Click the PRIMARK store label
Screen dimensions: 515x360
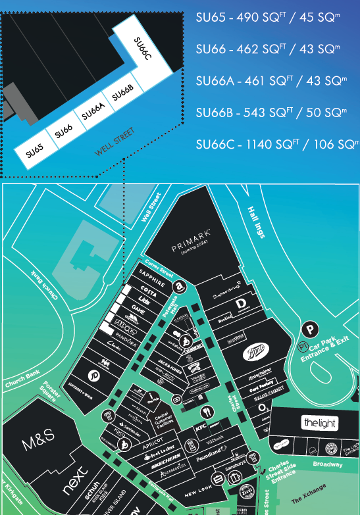pyautogui.click(x=191, y=249)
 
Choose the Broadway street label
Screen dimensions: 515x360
pyautogui.click(x=327, y=464)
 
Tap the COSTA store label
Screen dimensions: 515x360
pyautogui.click(x=150, y=291)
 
